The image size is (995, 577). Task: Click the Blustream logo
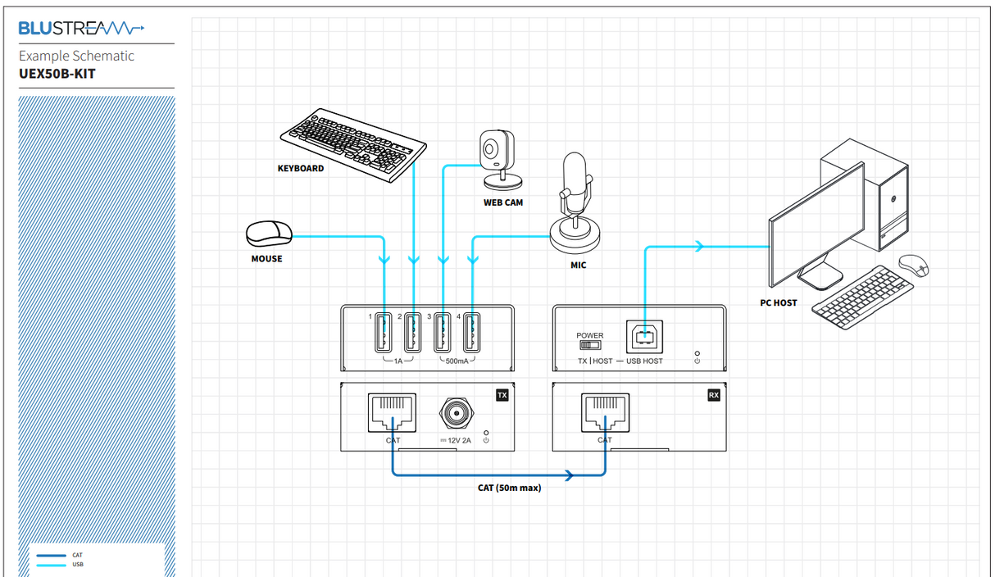pyautogui.click(x=81, y=29)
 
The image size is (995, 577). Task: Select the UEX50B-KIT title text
pyautogui.click(x=57, y=73)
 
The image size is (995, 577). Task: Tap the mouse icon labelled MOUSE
pyautogui.click(x=269, y=233)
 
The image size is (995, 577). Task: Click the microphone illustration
pyautogui.click(x=575, y=205)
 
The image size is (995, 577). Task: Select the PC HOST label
pyautogui.click(x=778, y=303)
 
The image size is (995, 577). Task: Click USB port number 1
pyautogui.click(x=384, y=334)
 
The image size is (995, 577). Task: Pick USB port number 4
pyautogui.click(x=471, y=334)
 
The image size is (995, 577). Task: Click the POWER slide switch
pyautogui.click(x=589, y=345)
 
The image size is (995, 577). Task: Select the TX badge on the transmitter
pyautogui.click(x=502, y=395)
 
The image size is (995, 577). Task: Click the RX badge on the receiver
pyautogui.click(x=713, y=395)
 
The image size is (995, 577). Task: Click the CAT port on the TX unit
pyautogui.click(x=393, y=414)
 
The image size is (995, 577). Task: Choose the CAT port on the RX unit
pyautogui.click(x=604, y=414)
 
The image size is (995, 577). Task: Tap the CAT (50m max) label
pyautogui.click(x=509, y=488)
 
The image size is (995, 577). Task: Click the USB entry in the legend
pyautogui.click(x=77, y=564)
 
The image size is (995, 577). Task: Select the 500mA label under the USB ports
pyautogui.click(x=457, y=361)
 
